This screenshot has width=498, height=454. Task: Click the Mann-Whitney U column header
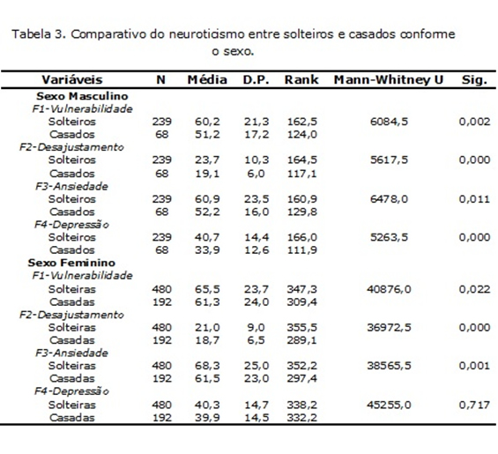[389, 79]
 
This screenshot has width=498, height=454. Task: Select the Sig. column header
[474, 79]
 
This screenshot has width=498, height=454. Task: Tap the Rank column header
[301, 79]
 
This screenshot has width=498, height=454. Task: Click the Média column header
[207, 79]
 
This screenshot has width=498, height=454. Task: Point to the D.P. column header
[256, 79]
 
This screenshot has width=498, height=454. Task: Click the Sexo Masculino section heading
[82, 96]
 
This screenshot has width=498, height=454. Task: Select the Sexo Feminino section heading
[71, 263]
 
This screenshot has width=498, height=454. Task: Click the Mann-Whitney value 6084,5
[389, 122]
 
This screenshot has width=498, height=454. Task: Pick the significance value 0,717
[474, 405]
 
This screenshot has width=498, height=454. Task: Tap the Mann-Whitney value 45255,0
[389, 405]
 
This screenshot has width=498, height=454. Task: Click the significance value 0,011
[474, 199]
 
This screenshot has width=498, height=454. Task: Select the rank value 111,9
[301, 250]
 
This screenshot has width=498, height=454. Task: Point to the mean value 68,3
[207, 365]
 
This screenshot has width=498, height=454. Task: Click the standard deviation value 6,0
[256, 174]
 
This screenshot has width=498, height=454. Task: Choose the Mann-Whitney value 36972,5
[389, 327]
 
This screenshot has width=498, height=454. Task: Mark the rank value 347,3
[301, 289]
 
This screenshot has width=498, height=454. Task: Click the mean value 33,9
[207, 250]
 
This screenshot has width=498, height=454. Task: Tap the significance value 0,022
[474, 289]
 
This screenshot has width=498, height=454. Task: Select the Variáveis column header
[72, 79]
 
